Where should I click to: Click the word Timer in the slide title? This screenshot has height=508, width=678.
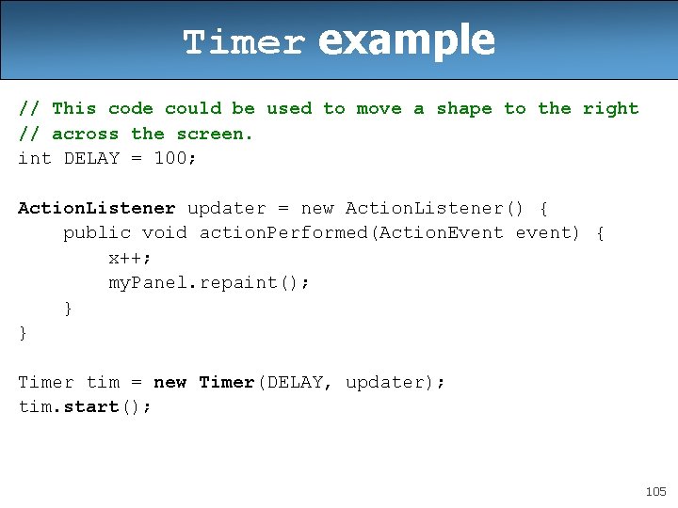click(x=244, y=43)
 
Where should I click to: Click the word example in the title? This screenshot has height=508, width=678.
click(x=406, y=40)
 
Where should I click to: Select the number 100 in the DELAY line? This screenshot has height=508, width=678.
click(x=170, y=158)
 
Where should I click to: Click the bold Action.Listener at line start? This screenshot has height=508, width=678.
click(x=96, y=208)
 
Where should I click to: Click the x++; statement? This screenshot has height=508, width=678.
click(x=131, y=258)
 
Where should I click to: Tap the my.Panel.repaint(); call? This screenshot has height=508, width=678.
click(x=209, y=282)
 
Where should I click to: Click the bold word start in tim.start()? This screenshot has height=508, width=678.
click(x=91, y=406)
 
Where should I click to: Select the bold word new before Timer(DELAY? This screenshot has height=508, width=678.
click(x=169, y=382)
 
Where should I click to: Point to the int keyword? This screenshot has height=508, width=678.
click(x=35, y=158)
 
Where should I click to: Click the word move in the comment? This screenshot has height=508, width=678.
click(x=379, y=109)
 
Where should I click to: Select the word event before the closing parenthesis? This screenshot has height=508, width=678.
click(x=543, y=232)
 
